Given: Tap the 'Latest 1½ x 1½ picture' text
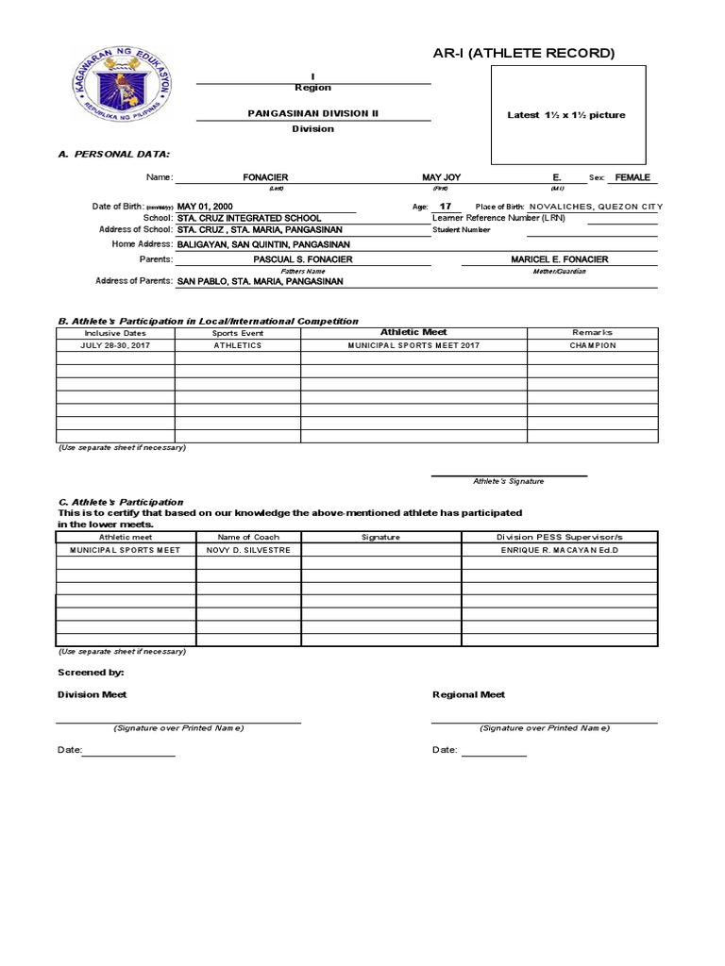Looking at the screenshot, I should click(x=566, y=115).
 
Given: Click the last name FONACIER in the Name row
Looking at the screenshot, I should click(x=265, y=177).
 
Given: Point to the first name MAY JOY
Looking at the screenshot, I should click(x=441, y=177).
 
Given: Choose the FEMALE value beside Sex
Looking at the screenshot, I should click(x=632, y=177).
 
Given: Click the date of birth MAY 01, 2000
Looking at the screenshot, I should click(x=205, y=206).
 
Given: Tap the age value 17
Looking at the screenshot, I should click(x=446, y=206).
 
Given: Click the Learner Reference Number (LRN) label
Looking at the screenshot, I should click(x=492, y=218).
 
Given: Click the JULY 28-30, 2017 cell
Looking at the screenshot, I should click(x=116, y=345).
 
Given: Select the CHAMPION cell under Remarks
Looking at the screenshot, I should click(x=593, y=345).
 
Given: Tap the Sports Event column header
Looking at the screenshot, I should click(x=238, y=333).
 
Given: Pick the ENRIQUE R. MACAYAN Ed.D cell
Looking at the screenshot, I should click(x=560, y=549).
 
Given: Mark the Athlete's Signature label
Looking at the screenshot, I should click(x=509, y=481).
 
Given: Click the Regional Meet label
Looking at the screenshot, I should click(x=468, y=694).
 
